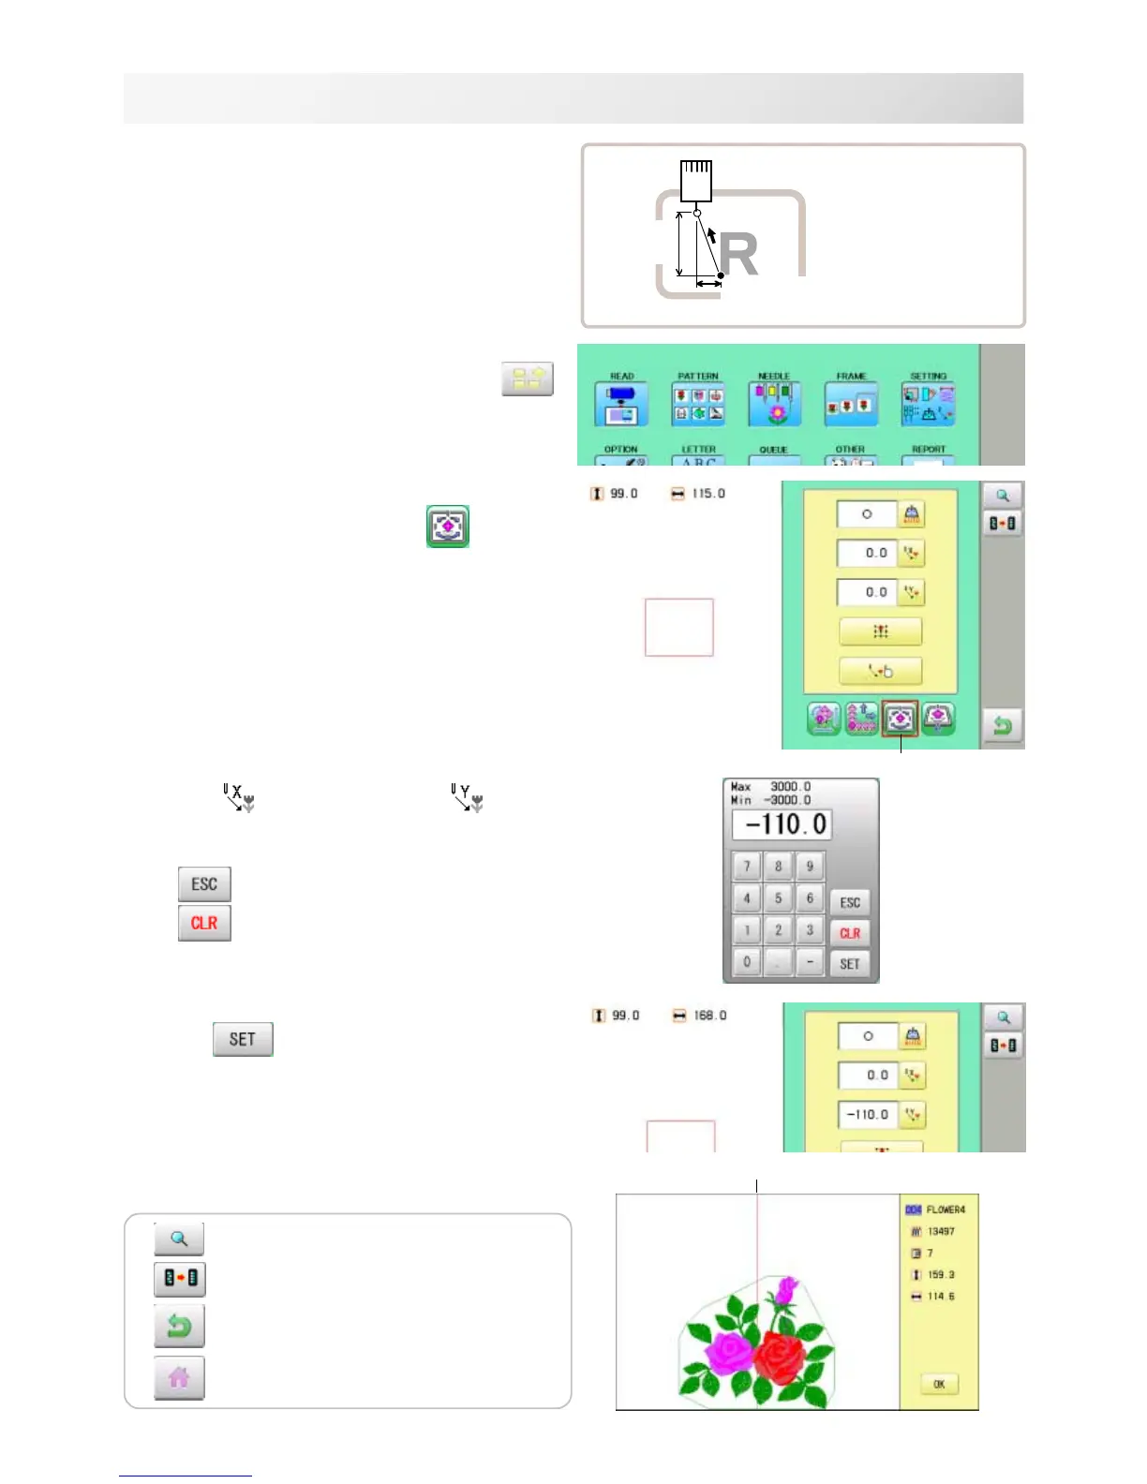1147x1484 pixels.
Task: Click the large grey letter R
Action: click(739, 255)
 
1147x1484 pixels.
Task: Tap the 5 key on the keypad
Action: click(778, 898)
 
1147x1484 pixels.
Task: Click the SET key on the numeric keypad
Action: click(850, 964)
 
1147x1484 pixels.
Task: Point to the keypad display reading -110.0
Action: click(782, 825)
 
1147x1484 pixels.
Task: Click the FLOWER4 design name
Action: click(945, 1209)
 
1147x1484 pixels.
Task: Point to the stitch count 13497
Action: click(941, 1231)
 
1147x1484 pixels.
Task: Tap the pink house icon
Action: click(179, 1377)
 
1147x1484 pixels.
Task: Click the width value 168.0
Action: click(709, 1016)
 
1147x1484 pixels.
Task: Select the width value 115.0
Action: click(708, 494)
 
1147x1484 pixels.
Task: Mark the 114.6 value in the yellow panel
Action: click(941, 1297)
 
